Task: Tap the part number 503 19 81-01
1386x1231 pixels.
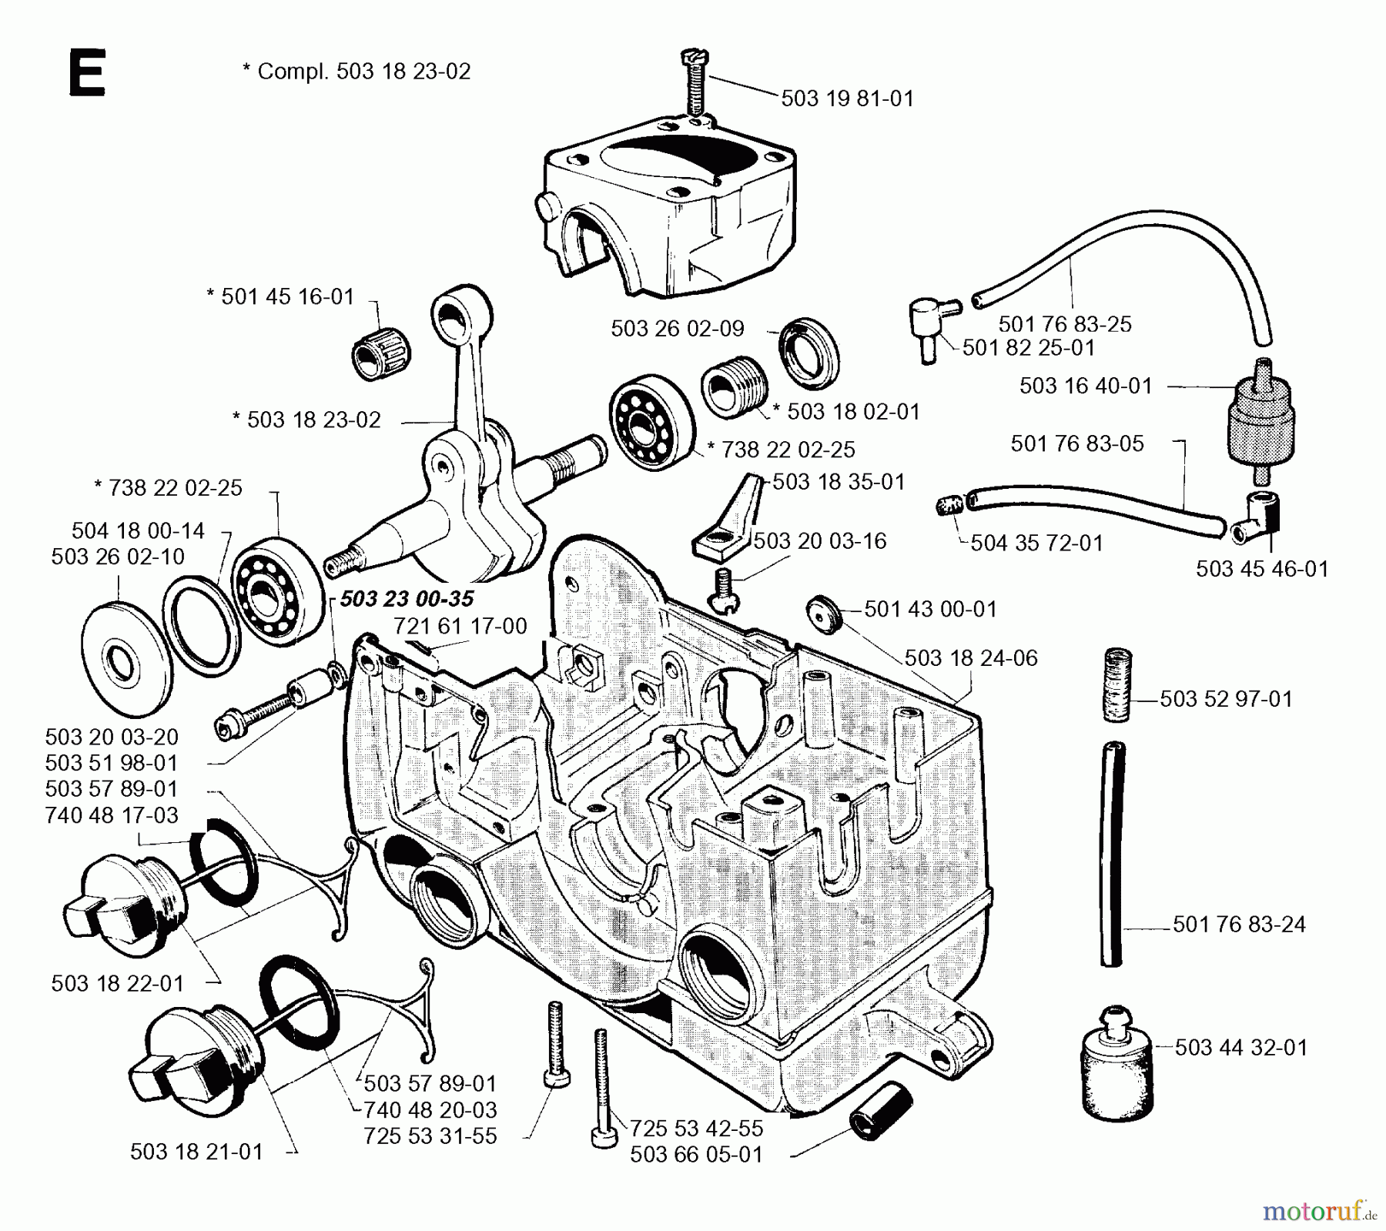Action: [847, 99]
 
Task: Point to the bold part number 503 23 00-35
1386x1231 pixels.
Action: [407, 599]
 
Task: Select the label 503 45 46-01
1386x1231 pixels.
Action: [1261, 569]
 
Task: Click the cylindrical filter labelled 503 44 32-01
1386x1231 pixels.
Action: [1117, 1063]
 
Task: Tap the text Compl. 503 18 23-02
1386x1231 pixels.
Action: [356, 71]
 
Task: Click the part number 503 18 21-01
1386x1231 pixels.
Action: [196, 1152]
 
